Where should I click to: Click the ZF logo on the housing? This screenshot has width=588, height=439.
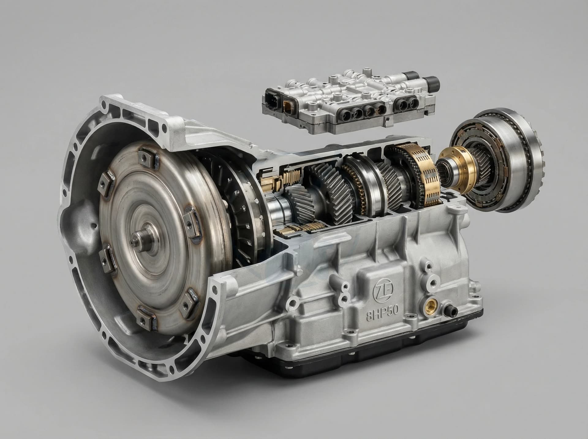click(383, 290)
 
